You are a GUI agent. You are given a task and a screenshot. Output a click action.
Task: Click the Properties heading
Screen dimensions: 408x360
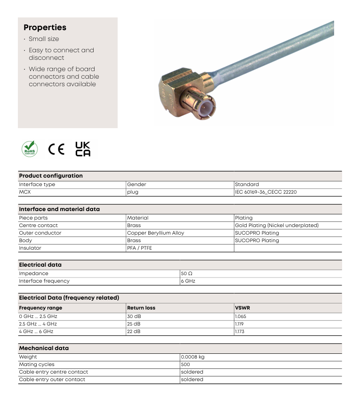[45, 27]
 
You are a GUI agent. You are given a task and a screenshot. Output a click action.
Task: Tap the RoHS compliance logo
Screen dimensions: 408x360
[30, 149]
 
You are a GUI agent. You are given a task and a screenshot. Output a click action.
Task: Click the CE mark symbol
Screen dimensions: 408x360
[56, 149]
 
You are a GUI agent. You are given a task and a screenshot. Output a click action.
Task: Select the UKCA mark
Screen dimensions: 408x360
[83, 149]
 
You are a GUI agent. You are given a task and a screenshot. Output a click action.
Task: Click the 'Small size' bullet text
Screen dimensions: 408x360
[44, 39]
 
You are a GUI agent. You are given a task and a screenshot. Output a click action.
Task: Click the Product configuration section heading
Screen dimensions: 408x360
[51, 176]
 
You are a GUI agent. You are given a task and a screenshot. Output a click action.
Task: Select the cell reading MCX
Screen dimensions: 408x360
[24, 192]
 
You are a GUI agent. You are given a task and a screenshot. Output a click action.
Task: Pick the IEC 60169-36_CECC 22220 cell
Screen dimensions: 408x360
[266, 192]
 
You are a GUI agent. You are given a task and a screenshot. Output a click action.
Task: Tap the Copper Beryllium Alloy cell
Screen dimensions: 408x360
[156, 233]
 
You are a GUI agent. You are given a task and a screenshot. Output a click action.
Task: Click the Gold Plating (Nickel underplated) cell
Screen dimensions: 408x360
[277, 225]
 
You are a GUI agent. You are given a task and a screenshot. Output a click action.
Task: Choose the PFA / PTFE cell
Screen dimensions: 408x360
[140, 248]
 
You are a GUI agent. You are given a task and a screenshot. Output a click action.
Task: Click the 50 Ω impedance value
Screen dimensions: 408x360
[186, 273]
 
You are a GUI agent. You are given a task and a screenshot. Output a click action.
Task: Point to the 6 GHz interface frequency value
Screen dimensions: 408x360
[188, 281]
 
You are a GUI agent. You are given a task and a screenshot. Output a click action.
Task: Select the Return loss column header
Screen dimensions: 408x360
[141, 308]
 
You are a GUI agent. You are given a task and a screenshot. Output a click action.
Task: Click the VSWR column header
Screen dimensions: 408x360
[242, 308]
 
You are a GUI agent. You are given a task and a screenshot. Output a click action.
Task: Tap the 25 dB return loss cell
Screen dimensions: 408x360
[134, 324]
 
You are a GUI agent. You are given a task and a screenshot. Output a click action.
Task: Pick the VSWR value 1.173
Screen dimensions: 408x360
[240, 332]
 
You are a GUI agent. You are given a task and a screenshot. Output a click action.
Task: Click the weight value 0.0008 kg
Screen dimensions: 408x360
[193, 357]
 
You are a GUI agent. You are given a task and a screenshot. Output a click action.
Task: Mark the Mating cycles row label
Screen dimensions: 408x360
[37, 364]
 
